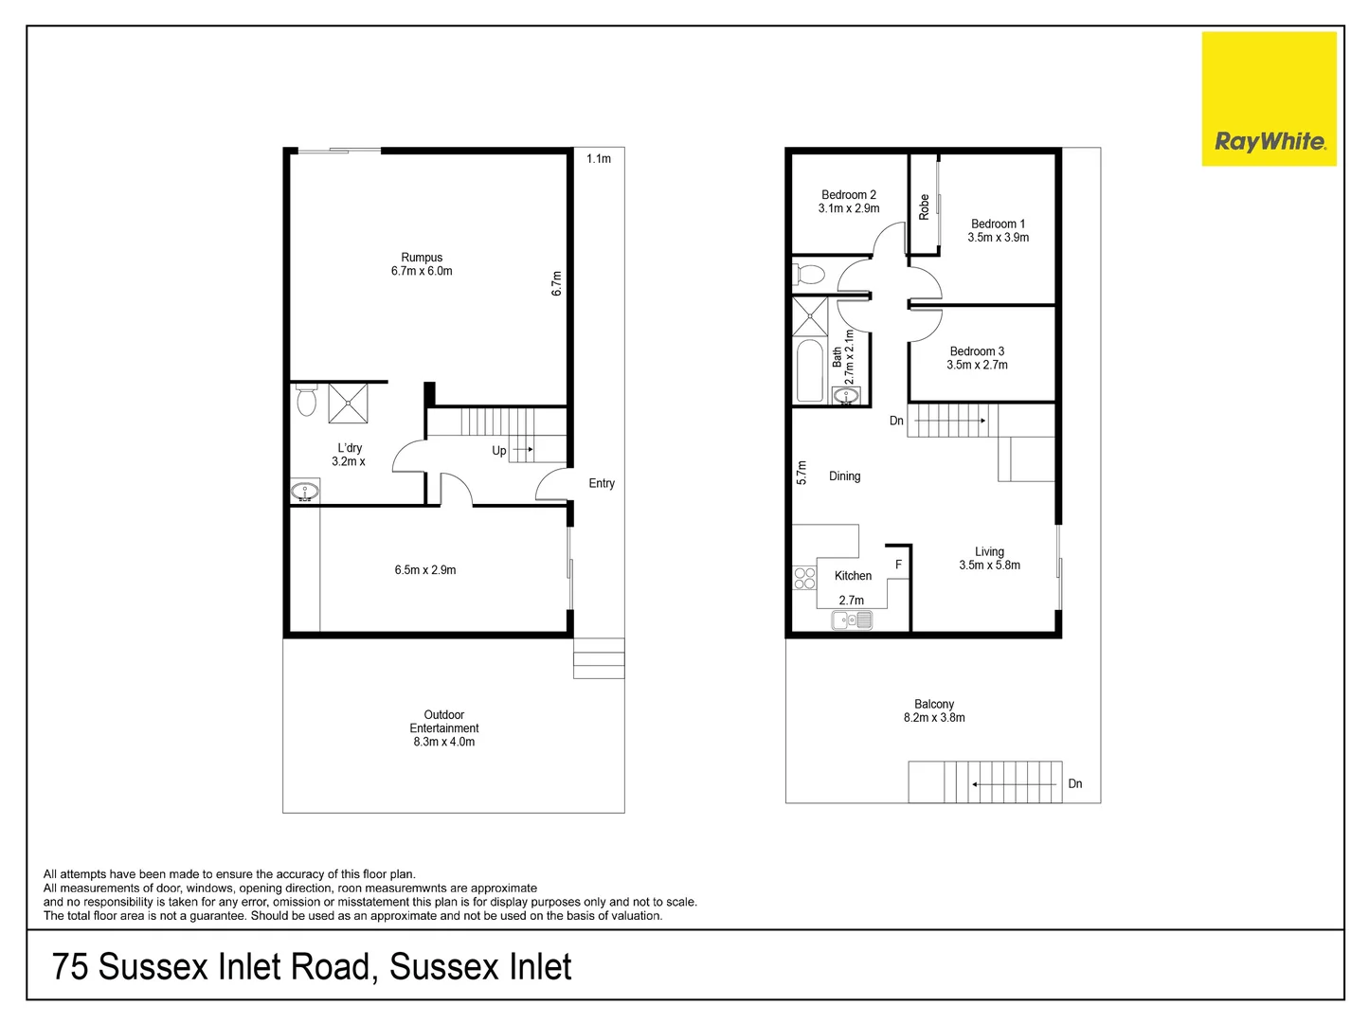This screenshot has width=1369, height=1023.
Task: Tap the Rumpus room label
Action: point(422,258)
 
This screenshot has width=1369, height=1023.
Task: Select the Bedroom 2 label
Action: point(848,195)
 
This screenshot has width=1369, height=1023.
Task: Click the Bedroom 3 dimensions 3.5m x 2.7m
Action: point(977,365)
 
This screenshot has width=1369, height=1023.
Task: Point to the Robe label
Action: point(924,206)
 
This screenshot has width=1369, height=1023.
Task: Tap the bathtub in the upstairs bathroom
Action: point(810,370)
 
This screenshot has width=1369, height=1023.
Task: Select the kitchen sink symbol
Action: point(851,620)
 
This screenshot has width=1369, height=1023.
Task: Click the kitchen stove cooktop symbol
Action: point(804,578)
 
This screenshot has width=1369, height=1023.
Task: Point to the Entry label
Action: point(602,483)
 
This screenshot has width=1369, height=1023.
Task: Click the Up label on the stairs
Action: point(498,451)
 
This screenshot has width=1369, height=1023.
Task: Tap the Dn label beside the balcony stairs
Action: point(1074,783)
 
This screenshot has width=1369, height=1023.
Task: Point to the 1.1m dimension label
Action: point(599,159)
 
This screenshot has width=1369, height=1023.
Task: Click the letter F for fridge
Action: point(898,565)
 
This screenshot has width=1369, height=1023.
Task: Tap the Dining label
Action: point(844,476)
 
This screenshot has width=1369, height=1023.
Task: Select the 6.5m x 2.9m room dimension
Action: point(425,570)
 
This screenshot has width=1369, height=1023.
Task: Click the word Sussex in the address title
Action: point(153,967)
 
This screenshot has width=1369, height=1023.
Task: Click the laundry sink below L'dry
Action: point(305,492)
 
